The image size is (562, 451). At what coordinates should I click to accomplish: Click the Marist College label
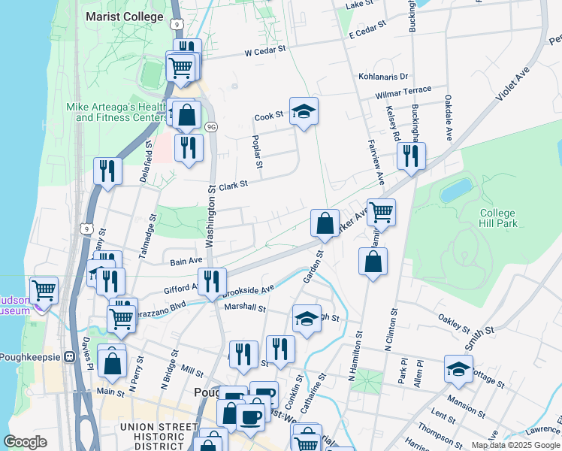(125, 17)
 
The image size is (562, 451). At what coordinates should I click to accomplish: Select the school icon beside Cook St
(304, 112)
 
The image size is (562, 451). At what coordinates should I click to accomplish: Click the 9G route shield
(211, 126)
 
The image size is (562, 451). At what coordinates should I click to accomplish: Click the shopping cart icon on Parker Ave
(381, 213)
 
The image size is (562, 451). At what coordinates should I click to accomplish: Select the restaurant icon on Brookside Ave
(212, 281)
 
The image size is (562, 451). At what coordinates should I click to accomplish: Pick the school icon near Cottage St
(458, 368)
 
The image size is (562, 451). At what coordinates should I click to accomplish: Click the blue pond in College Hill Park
(456, 190)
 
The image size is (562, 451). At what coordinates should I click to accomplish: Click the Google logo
(26, 442)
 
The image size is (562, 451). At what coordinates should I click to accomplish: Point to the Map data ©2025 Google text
(516, 445)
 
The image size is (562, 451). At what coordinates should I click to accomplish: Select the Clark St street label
(233, 184)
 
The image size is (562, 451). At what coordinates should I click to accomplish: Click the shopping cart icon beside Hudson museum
(44, 289)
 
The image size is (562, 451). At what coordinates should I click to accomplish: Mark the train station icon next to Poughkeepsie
(72, 358)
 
